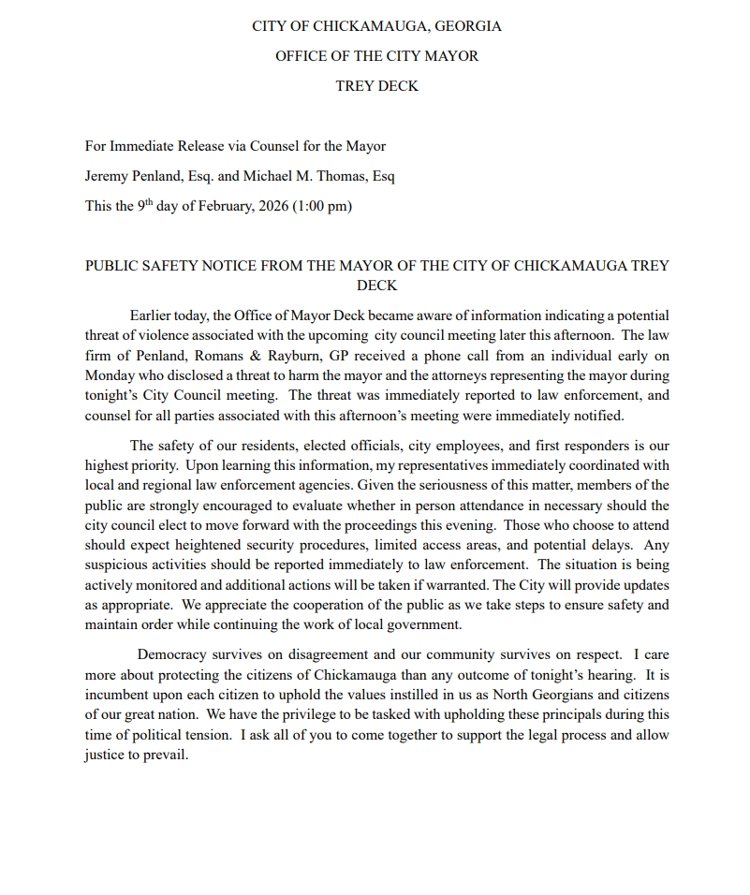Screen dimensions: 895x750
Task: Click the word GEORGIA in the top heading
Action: [x=467, y=26]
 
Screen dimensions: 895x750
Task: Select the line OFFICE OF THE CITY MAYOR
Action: [x=376, y=56]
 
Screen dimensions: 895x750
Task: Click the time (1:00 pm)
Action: [x=322, y=206]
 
